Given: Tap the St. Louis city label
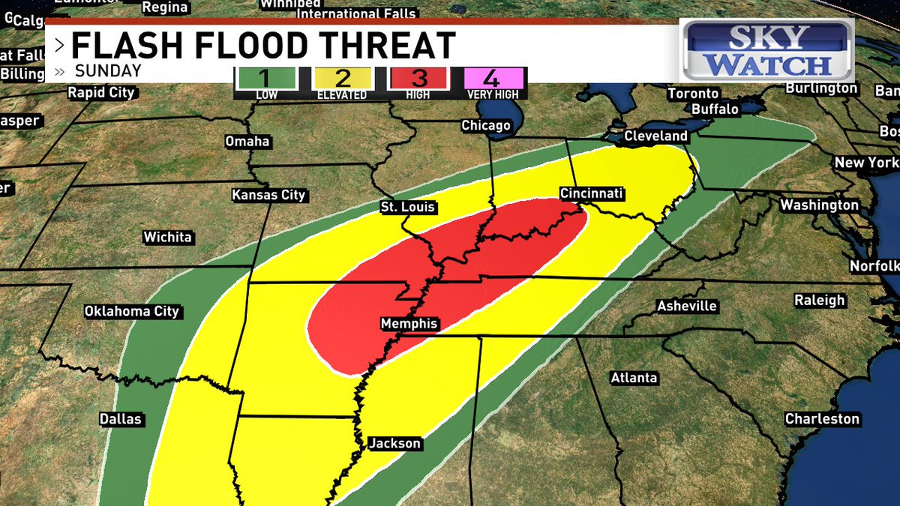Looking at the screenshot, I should pyautogui.click(x=408, y=208).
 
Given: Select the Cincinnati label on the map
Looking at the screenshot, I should pyautogui.click(x=592, y=194).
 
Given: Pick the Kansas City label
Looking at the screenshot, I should pyautogui.click(x=268, y=196).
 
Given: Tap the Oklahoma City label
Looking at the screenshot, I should pyautogui.click(x=131, y=311).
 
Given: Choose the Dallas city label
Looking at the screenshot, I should pyautogui.click(x=121, y=420).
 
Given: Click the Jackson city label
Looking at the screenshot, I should pyautogui.click(x=394, y=444).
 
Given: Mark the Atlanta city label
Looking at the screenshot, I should pyautogui.click(x=634, y=378).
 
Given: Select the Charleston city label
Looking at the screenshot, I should pyautogui.click(x=822, y=419).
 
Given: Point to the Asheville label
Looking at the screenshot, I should pyautogui.click(x=686, y=307).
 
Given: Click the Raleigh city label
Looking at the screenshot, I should pyautogui.click(x=820, y=301).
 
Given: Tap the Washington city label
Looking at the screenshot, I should pyautogui.click(x=819, y=205).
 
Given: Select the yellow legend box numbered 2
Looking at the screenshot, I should pyautogui.click(x=342, y=78).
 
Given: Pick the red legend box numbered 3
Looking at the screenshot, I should pyautogui.click(x=418, y=78).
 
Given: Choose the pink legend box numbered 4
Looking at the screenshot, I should pyautogui.click(x=494, y=78).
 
